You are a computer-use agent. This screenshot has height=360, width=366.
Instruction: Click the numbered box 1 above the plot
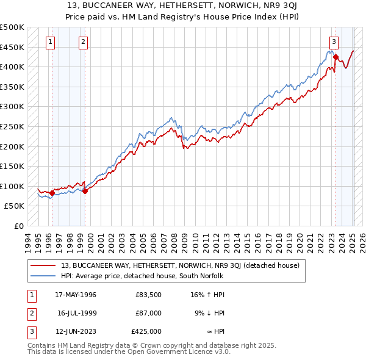tap(49, 42)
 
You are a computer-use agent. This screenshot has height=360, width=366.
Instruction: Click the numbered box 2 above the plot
tap(82, 42)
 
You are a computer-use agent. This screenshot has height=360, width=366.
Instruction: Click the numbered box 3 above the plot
tap(334, 42)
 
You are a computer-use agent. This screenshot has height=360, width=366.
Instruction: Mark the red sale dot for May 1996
tap(52, 193)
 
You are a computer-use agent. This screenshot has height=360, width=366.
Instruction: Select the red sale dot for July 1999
tap(85, 192)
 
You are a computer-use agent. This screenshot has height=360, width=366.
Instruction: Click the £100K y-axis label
tap(12, 186)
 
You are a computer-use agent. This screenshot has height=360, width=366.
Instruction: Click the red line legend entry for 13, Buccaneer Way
tap(180, 265)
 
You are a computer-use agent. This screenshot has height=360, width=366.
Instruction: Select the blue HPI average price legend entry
tap(143, 276)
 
